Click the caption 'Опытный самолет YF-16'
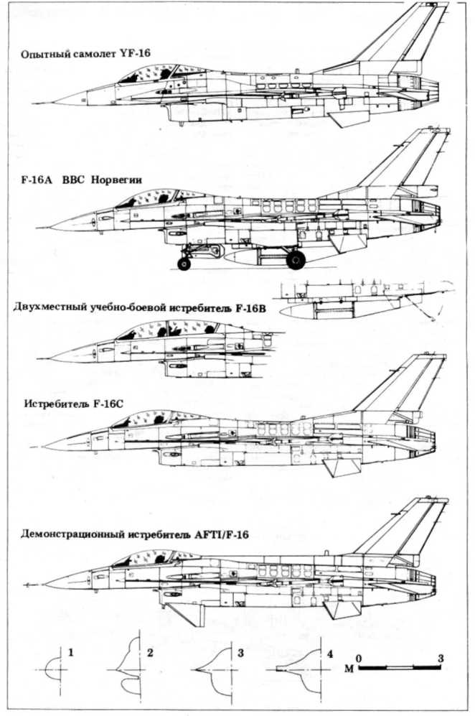(86, 54)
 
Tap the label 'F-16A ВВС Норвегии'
(82, 180)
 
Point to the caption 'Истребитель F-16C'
(74, 404)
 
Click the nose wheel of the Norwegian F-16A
(184, 264)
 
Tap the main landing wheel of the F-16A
(296, 259)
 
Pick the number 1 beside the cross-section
(71, 653)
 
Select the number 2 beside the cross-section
(150, 653)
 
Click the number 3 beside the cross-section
(240, 653)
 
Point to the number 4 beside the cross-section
(330, 654)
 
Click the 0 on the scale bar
(359, 658)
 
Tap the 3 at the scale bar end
(440, 658)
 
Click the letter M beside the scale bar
(349, 669)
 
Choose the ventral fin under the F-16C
(342, 467)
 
